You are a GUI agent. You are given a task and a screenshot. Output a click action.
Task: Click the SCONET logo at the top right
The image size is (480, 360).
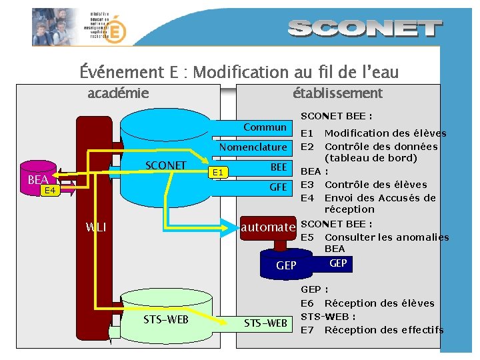(366, 29)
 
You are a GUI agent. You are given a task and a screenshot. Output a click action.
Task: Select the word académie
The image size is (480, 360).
(118, 93)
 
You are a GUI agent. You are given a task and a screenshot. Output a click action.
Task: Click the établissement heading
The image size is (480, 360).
(337, 93)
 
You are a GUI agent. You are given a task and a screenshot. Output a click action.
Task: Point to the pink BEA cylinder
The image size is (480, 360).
(39, 180)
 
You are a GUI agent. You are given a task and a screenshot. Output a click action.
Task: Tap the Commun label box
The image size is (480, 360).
(265, 127)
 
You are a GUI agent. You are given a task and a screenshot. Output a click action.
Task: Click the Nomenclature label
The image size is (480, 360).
(253, 147)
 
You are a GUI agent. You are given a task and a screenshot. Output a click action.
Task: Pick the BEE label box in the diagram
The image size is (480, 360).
(279, 167)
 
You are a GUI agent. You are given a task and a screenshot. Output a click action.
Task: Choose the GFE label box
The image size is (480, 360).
(278, 187)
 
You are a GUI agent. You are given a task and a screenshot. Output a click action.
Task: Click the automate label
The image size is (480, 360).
(268, 227)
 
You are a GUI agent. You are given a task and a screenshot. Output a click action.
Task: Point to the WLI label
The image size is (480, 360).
(96, 227)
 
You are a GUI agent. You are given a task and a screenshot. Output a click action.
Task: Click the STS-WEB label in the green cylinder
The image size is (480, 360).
(166, 319)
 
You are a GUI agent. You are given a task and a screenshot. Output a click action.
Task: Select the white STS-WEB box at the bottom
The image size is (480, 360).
(265, 323)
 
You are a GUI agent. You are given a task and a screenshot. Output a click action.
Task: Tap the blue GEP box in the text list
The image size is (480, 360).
(338, 263)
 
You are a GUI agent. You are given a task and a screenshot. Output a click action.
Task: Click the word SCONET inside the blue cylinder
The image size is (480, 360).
(165, 165)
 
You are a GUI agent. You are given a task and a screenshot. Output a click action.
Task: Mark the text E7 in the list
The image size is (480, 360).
(307, 329)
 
